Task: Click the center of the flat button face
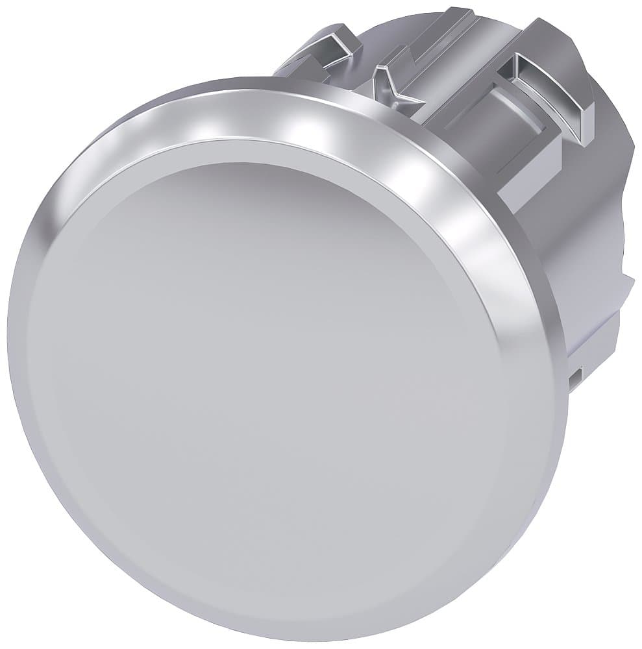point(273,376)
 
